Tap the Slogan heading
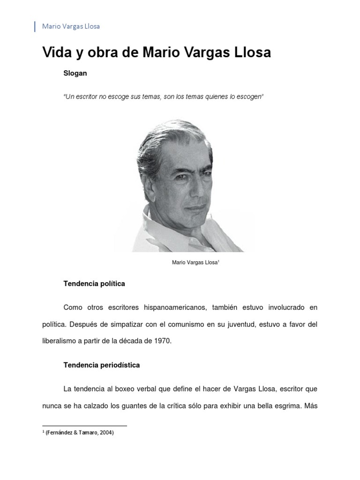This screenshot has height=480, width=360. tap(75, 74)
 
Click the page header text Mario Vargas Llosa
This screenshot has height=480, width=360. tap(71, 26)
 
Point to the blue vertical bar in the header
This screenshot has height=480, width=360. tap(35, 26)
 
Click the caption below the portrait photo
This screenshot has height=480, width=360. tap(196, 263)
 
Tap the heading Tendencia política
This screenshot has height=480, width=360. tap(94, 284)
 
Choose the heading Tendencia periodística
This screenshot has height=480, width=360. tap(101, 364)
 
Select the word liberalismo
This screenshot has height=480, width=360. tap(60, 341)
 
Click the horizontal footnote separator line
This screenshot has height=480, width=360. tap(84, 426)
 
